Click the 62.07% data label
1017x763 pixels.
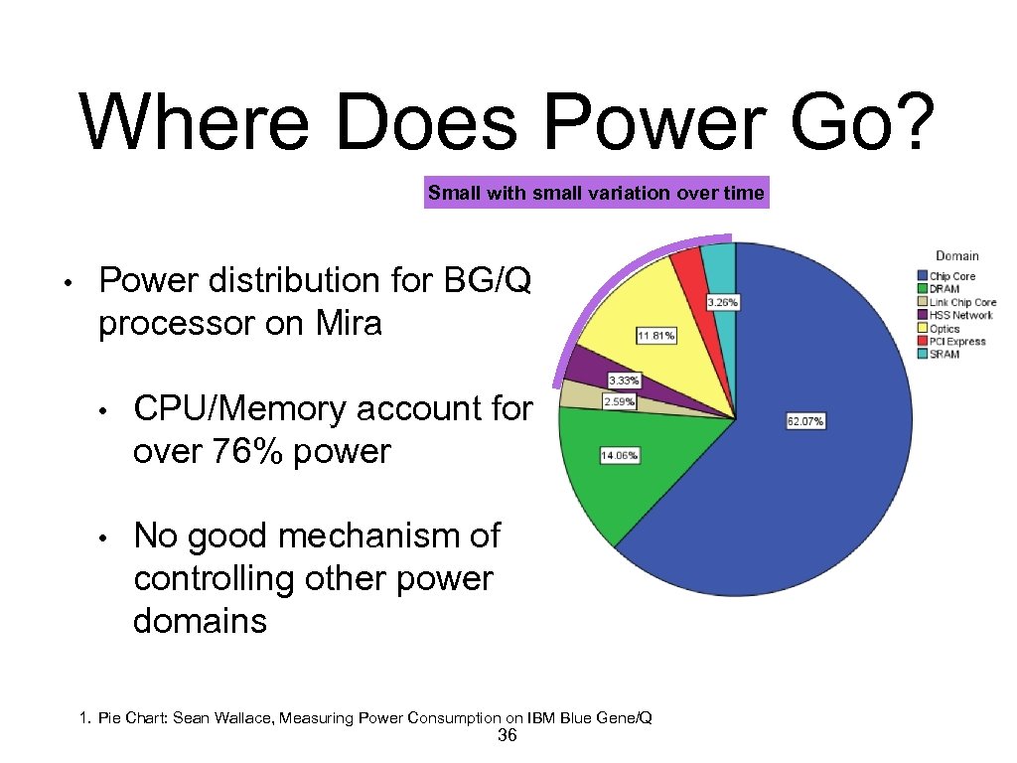click(804, 421)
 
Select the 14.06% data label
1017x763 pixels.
click(619, 455)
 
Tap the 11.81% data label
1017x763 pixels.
click(655, 336)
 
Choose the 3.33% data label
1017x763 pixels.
click(624, 381)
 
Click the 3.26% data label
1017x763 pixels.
click(722, 301)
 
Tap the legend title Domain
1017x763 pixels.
click(956, 256)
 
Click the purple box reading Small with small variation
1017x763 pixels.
click(596, 194)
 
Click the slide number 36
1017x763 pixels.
click(507, 735)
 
